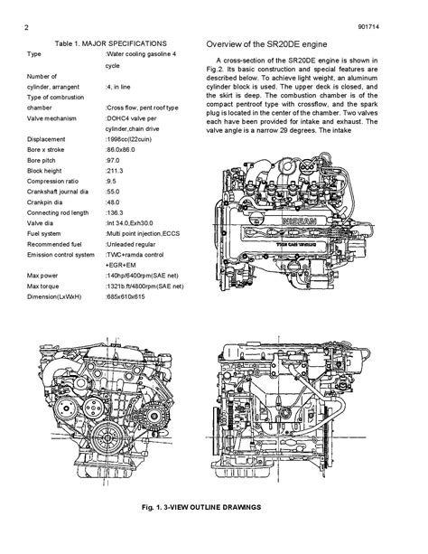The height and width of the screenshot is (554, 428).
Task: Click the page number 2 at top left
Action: [x=26, y=27]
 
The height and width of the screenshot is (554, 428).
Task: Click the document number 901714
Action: [x=368, y=27]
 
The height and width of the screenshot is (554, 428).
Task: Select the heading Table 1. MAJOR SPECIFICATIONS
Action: [x=110, y=43]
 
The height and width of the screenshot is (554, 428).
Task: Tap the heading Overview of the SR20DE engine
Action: [x=266, y=44]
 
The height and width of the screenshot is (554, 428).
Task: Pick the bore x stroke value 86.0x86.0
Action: [x=120, y=150]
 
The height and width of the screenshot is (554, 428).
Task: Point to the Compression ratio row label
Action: [x=52, y=182]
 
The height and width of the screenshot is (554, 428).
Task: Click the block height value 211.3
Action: [x=115, y=171]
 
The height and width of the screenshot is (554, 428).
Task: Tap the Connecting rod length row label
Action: [x=58, y=213]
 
